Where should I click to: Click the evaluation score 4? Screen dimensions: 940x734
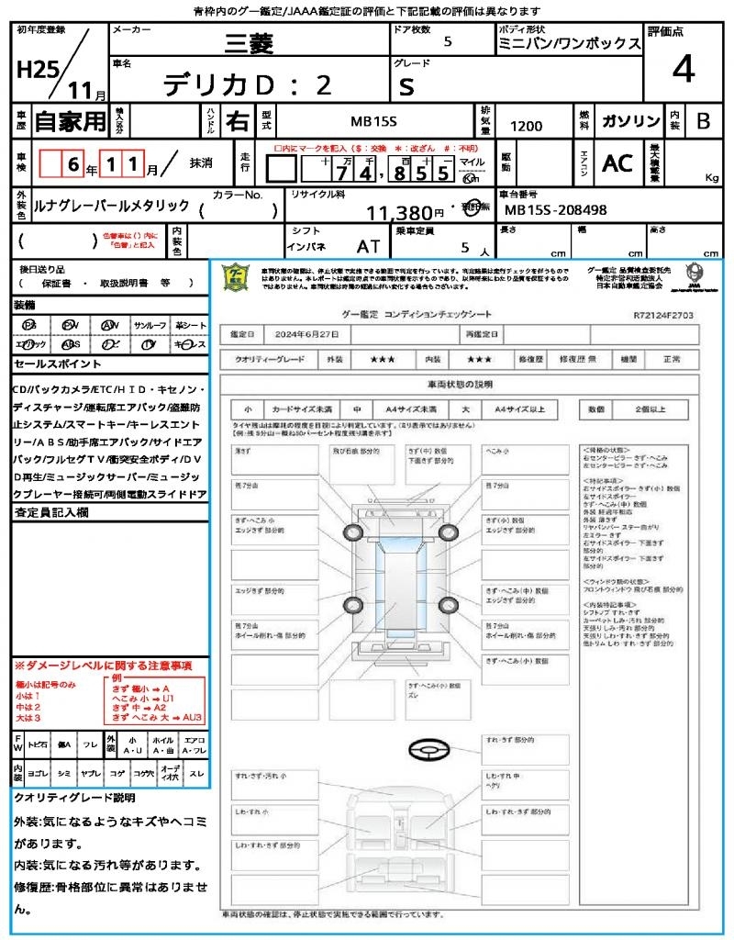pyautogui.click(x=682, y=69)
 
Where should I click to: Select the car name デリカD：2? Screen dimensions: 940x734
pyautogui.click(x=248, y=85)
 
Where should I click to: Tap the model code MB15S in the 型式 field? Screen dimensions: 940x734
pyautogui.click(x=374, y=121)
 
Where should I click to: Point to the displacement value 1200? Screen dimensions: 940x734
pyautogui.click(x=526, y=127)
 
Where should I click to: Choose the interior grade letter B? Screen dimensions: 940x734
pyautogui.click(x=702, y=121)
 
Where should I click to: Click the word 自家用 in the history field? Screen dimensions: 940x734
pyautogui.click(x=70, y=121)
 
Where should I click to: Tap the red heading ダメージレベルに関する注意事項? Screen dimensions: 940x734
pyautogui.click(x=103, y=665)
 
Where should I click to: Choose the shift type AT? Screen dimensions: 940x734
pyautogui.click(x=368, y=246)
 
